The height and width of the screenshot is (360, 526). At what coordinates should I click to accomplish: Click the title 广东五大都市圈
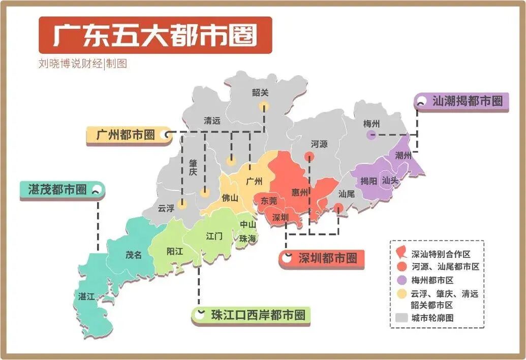pyautogui.click(x=155, y=35)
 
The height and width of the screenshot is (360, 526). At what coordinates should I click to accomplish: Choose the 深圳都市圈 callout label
pyautogui.click(x=327, y=258)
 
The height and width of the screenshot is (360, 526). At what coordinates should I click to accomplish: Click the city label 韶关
pyautogui.click(x=260, y=92)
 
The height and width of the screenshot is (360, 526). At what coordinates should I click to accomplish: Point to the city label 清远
pyautogui.click(x=212, y=121)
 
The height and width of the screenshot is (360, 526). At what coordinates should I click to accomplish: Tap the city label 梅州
pyautogui.click(x=372, y=123)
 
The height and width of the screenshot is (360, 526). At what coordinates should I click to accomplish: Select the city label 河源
pyautogui.click(x=319, y=144)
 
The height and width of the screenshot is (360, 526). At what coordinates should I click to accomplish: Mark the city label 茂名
pyautogui.click(x=134, y=255)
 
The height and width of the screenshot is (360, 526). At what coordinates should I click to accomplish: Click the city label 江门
pyautogui.click(x=213, y=236)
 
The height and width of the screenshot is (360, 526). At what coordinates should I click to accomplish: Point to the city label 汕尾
pyautogui.click(x=346, y=193)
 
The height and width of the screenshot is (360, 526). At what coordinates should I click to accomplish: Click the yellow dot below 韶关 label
pyautogui.click(x=263, y=106)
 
